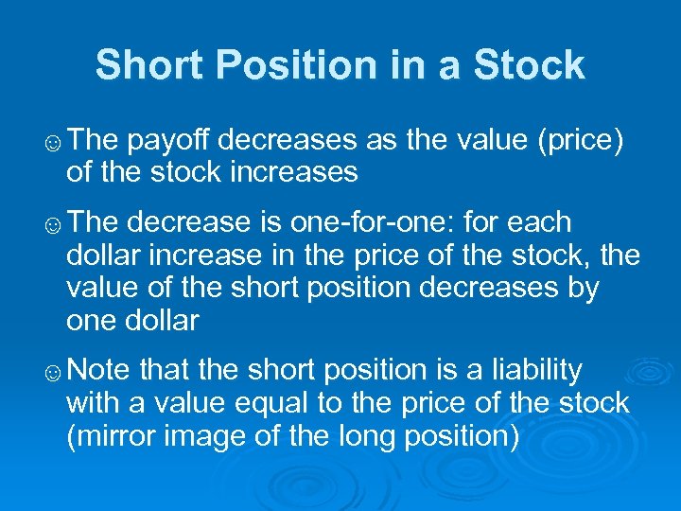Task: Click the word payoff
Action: pos(170,141)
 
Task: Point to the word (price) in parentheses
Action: pos(579,141)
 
